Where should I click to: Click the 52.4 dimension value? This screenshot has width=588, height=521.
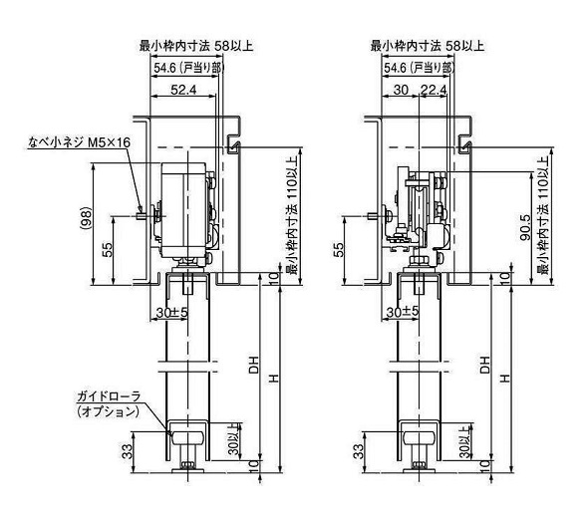point(180,91)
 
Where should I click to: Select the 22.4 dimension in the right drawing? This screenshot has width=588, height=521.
point(434,91)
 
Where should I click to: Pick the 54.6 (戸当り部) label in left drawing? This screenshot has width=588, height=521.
point(184,68)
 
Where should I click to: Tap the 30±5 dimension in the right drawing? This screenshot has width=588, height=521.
point(401,312)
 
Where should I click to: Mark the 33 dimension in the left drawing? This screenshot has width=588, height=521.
point(127,451)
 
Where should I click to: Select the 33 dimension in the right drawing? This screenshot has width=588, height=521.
point(359,451)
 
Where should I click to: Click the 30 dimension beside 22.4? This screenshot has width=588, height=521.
point(400,91)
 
